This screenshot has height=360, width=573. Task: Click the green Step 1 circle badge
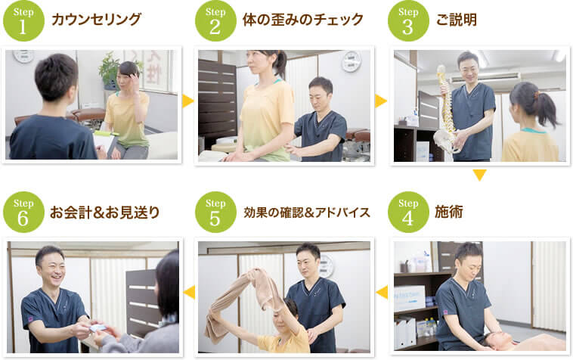pyautogui.click(x=23, y=20)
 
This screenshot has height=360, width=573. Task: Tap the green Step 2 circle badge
pyautogui.click(x=215, y=20)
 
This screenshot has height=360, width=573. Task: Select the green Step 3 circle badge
pyautogui.click(x=408, y=20)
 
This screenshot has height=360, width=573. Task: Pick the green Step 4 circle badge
pyautogui.click(x=408, y=212)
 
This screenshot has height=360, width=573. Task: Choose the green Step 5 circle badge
pyautogui.click(x=215, y=212)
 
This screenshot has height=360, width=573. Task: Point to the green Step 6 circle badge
pyautogui.click(x=23, y=212)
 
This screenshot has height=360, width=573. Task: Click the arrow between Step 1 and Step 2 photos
pyautogui.click(x=187, y=101)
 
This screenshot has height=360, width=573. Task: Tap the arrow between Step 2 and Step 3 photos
pyautogui.click(x=380, y=101)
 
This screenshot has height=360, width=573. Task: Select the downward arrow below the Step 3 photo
pyautogui.click(x=479, y=175)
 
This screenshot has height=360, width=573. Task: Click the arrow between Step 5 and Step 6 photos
pyautogui.click(x=188, y=292)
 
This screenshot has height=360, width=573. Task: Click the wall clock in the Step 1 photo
pyautogui.click(x=23, y=56)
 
